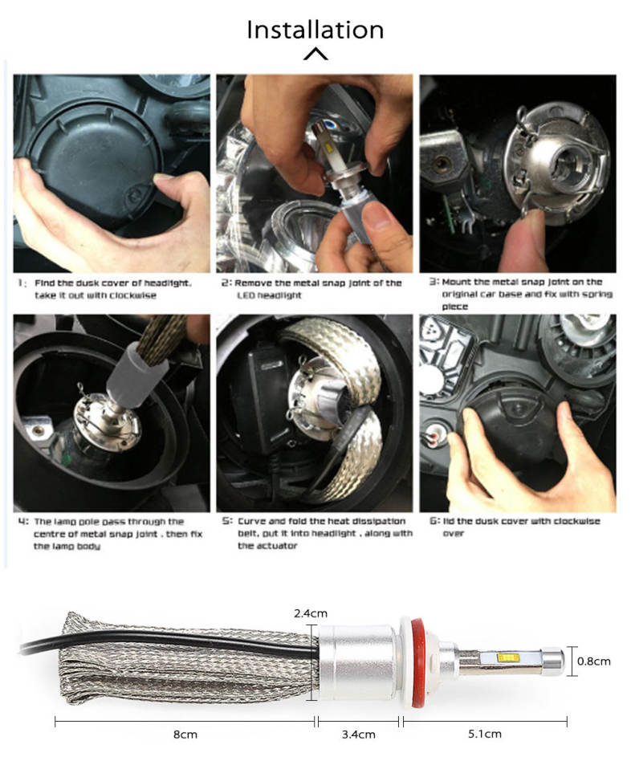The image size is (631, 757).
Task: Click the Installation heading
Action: pyautogui.click(x=315, y=30)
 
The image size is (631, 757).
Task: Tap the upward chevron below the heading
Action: pyautogui.click(x=315, y=54)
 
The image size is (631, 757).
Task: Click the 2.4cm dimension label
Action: pyautogui.click(x=311, y=613)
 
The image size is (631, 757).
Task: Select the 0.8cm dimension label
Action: pyautogui.click(x=594, y=661)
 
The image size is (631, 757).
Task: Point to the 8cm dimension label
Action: pyautogui.click(x=185, y=735)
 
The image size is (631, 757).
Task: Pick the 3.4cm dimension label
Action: pyautogui.click(x=359, y=735)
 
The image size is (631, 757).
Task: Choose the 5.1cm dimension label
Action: pyautogui.click(x=485, y=734)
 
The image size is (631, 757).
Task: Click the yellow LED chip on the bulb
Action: pyautogui.click(x=507, y=657)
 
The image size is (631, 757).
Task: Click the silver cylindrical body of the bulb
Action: pyautogui.click(x=358, y=662)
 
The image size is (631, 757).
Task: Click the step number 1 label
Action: pyautogui.click(x=21, y=283)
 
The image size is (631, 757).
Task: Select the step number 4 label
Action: pyautogui.click(x=23, y=522)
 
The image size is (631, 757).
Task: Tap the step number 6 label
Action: pyautogui.click(x=435, y=521)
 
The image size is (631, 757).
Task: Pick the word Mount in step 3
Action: pyautogui.click(x=456, y=282)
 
